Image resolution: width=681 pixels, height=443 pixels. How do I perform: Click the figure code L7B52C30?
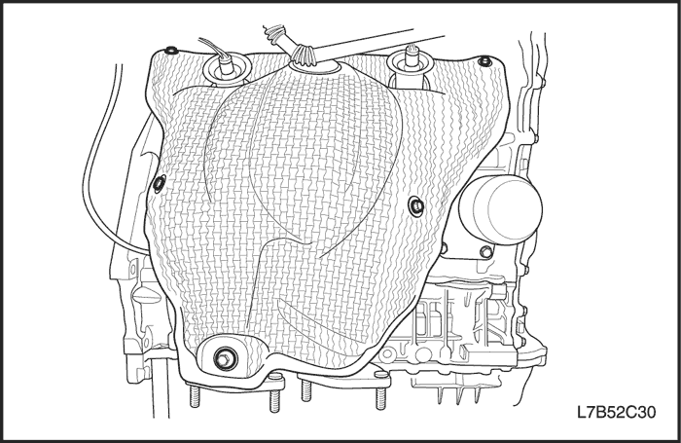(616, 412)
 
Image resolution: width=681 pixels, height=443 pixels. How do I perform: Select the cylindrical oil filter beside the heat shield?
(501, 208)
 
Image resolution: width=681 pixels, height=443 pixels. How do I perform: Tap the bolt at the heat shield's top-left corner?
(172, 50)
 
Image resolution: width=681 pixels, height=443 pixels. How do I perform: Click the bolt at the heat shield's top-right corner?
(485, 61)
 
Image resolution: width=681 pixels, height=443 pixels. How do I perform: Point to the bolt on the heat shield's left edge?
(160, 184)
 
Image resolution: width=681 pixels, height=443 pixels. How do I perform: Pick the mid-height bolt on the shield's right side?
(416, 205)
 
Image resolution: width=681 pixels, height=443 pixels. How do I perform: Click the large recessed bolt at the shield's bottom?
(226, 358)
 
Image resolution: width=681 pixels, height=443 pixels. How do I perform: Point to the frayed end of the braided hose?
(272, 33)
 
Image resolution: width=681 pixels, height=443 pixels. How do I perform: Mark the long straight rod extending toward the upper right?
(377, 43)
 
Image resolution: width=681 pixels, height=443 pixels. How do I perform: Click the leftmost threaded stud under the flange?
(195, 394)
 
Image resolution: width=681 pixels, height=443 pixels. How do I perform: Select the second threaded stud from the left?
(274, 398)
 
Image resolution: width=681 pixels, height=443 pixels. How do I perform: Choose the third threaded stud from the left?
(305, 389)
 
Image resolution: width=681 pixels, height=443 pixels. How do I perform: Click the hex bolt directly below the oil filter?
(486, 251)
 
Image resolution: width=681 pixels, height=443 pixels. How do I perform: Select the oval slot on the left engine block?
(146, 296)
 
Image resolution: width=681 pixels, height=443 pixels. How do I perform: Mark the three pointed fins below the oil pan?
(459, 394)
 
